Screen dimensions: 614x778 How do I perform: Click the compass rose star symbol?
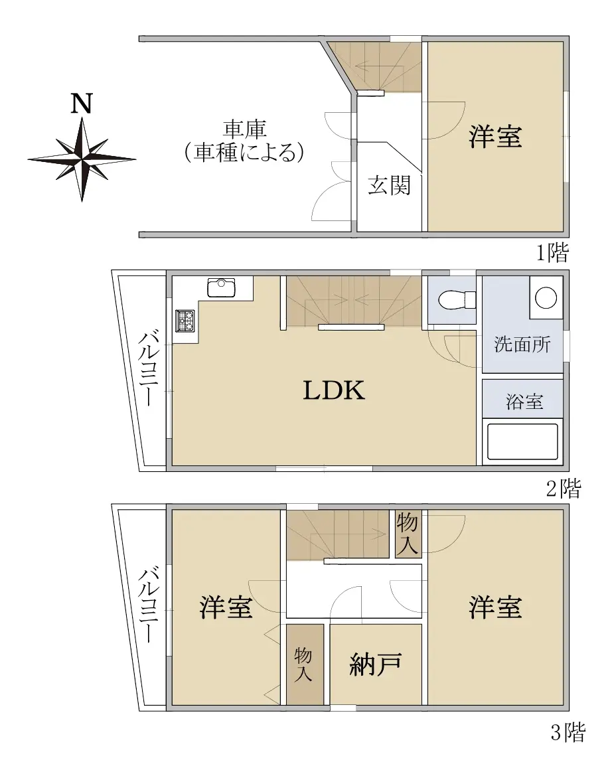(x=82, y=159)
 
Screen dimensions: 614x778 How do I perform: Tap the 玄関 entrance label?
(x=390, y=186)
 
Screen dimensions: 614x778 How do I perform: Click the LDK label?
(x=334, y=390)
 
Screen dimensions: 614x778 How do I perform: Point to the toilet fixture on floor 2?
(x=457, y=299)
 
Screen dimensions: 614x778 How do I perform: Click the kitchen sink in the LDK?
(x=221, y=288)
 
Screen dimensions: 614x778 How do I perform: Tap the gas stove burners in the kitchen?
(x=186, y=321)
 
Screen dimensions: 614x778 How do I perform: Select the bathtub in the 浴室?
(x=522, y=441)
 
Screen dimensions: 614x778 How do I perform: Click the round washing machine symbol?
(x=546, y=297)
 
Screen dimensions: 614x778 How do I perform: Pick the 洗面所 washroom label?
(x=522, y=344)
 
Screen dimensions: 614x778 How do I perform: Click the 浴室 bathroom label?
(x=525, y=402)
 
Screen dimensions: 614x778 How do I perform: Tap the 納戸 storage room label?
(x=376, y=664)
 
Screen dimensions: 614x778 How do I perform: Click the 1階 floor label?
(x=552, y=254)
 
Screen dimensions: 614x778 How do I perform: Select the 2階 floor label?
(x=564, y=489)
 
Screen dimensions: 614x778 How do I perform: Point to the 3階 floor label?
(x=568, y=732)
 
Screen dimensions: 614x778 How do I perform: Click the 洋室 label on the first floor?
(x=495, y=136)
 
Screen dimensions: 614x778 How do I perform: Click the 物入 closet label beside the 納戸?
(x=303, y=664)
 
